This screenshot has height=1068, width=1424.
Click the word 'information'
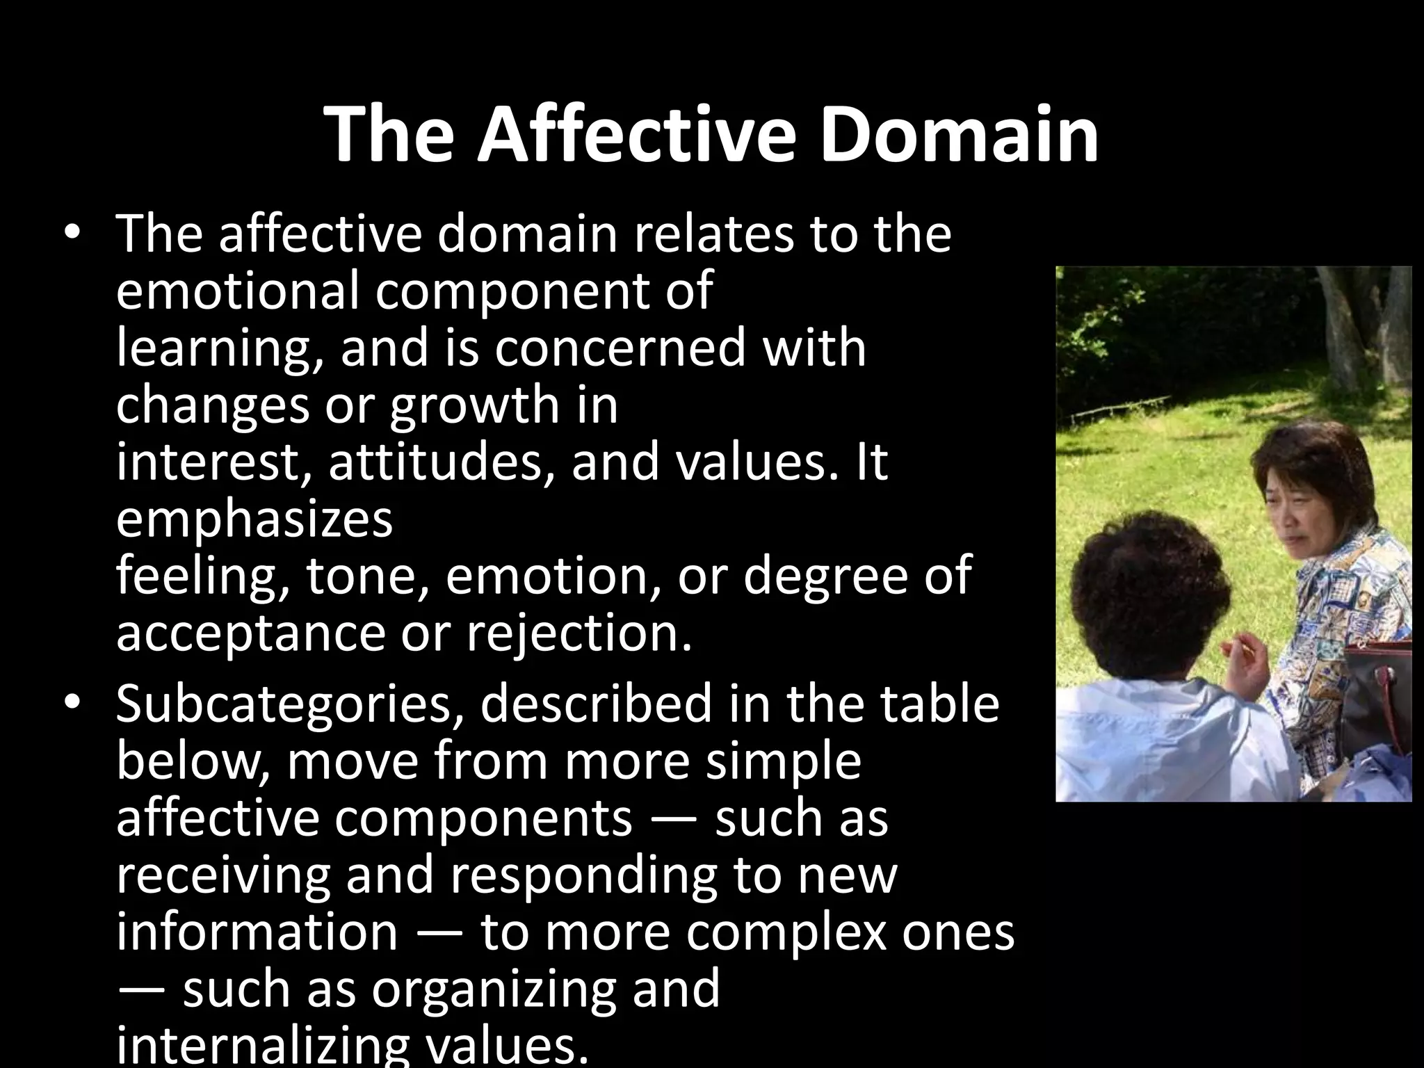tap(257, 932)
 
